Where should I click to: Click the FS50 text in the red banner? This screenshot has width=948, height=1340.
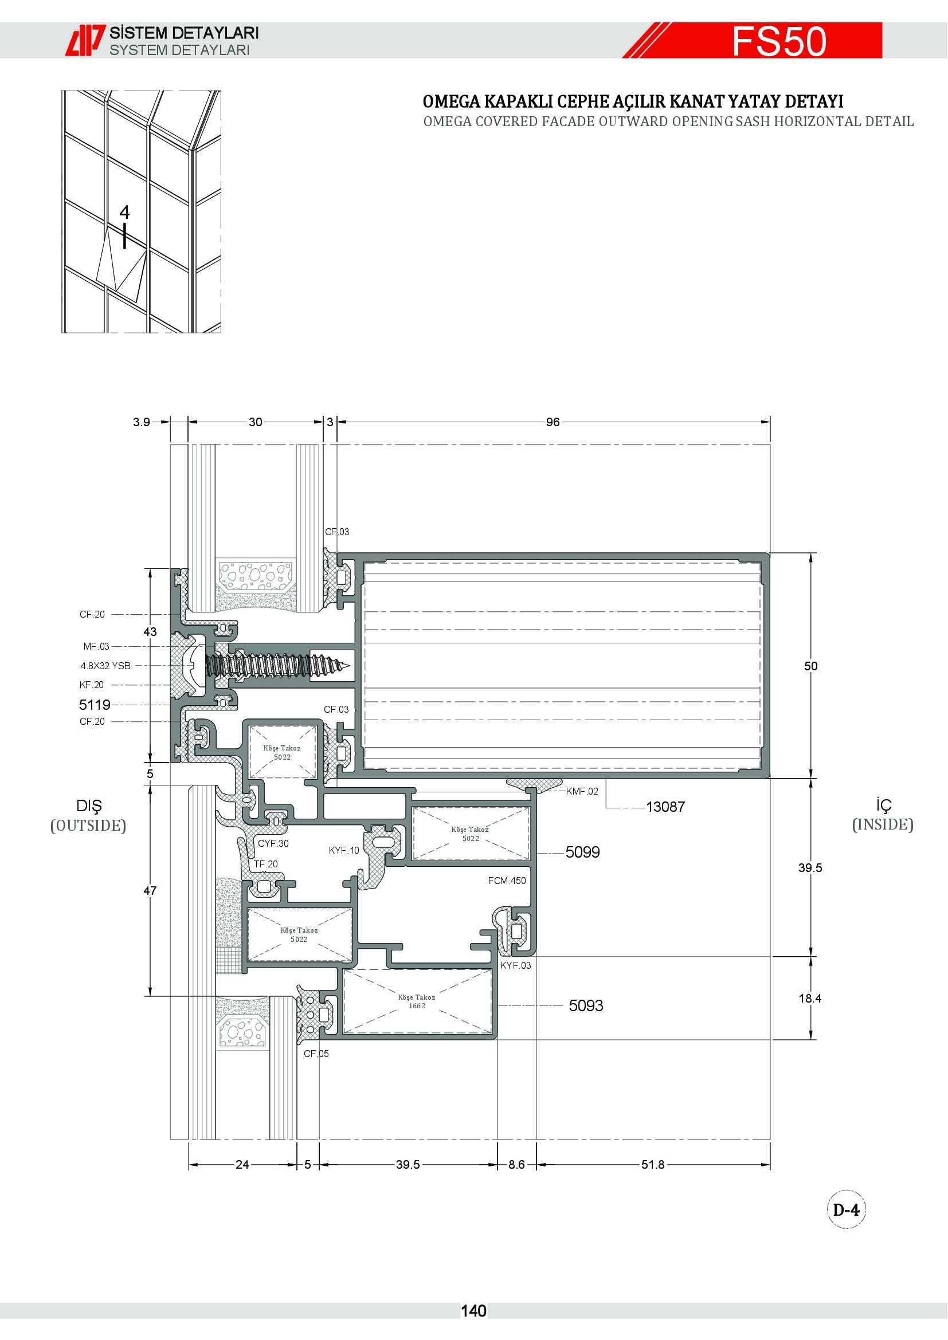pos(779,41)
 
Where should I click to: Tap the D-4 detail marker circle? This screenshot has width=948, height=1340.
pos(847,1210)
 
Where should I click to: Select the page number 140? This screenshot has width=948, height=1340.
pos(473,1311)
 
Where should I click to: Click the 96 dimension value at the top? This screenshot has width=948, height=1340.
pos(553,422)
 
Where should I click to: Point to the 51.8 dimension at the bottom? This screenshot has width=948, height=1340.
pos(653,1164)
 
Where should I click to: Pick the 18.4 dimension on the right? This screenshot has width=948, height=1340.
pos(810,998)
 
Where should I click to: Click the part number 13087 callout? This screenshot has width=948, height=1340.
pos(665,807)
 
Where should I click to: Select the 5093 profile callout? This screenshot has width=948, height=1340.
pos(586,1005)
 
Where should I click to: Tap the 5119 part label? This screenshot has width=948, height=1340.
pos(95,705)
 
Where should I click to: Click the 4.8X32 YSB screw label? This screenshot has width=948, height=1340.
pos(105,666)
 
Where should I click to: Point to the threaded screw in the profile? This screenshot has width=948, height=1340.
pos(278,665)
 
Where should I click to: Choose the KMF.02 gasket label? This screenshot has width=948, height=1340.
pos(582,791)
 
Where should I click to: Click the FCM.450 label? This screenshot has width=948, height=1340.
pos(507,881)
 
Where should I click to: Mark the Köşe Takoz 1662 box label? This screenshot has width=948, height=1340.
pos(417,1001)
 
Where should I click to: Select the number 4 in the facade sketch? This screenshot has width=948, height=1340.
pos(124,212)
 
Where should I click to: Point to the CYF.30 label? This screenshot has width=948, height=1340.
pos(273,843)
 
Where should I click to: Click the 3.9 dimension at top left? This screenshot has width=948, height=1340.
pos(141,422)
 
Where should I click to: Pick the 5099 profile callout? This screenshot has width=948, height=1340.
pos(582,852)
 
